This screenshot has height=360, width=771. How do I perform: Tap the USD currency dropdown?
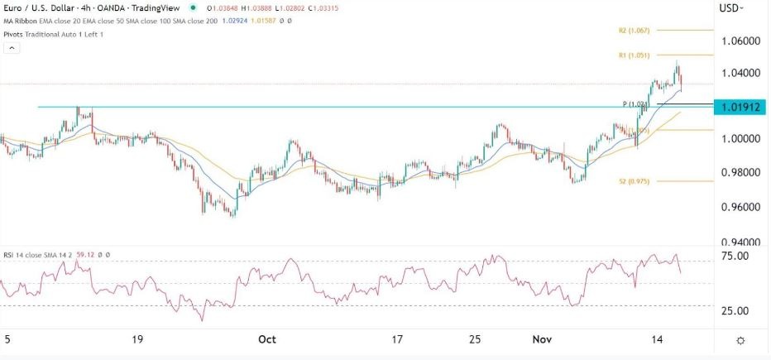click(731, 8)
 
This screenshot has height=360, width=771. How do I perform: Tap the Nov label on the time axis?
click(541, 339)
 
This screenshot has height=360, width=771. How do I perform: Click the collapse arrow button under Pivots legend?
click(12, 49)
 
